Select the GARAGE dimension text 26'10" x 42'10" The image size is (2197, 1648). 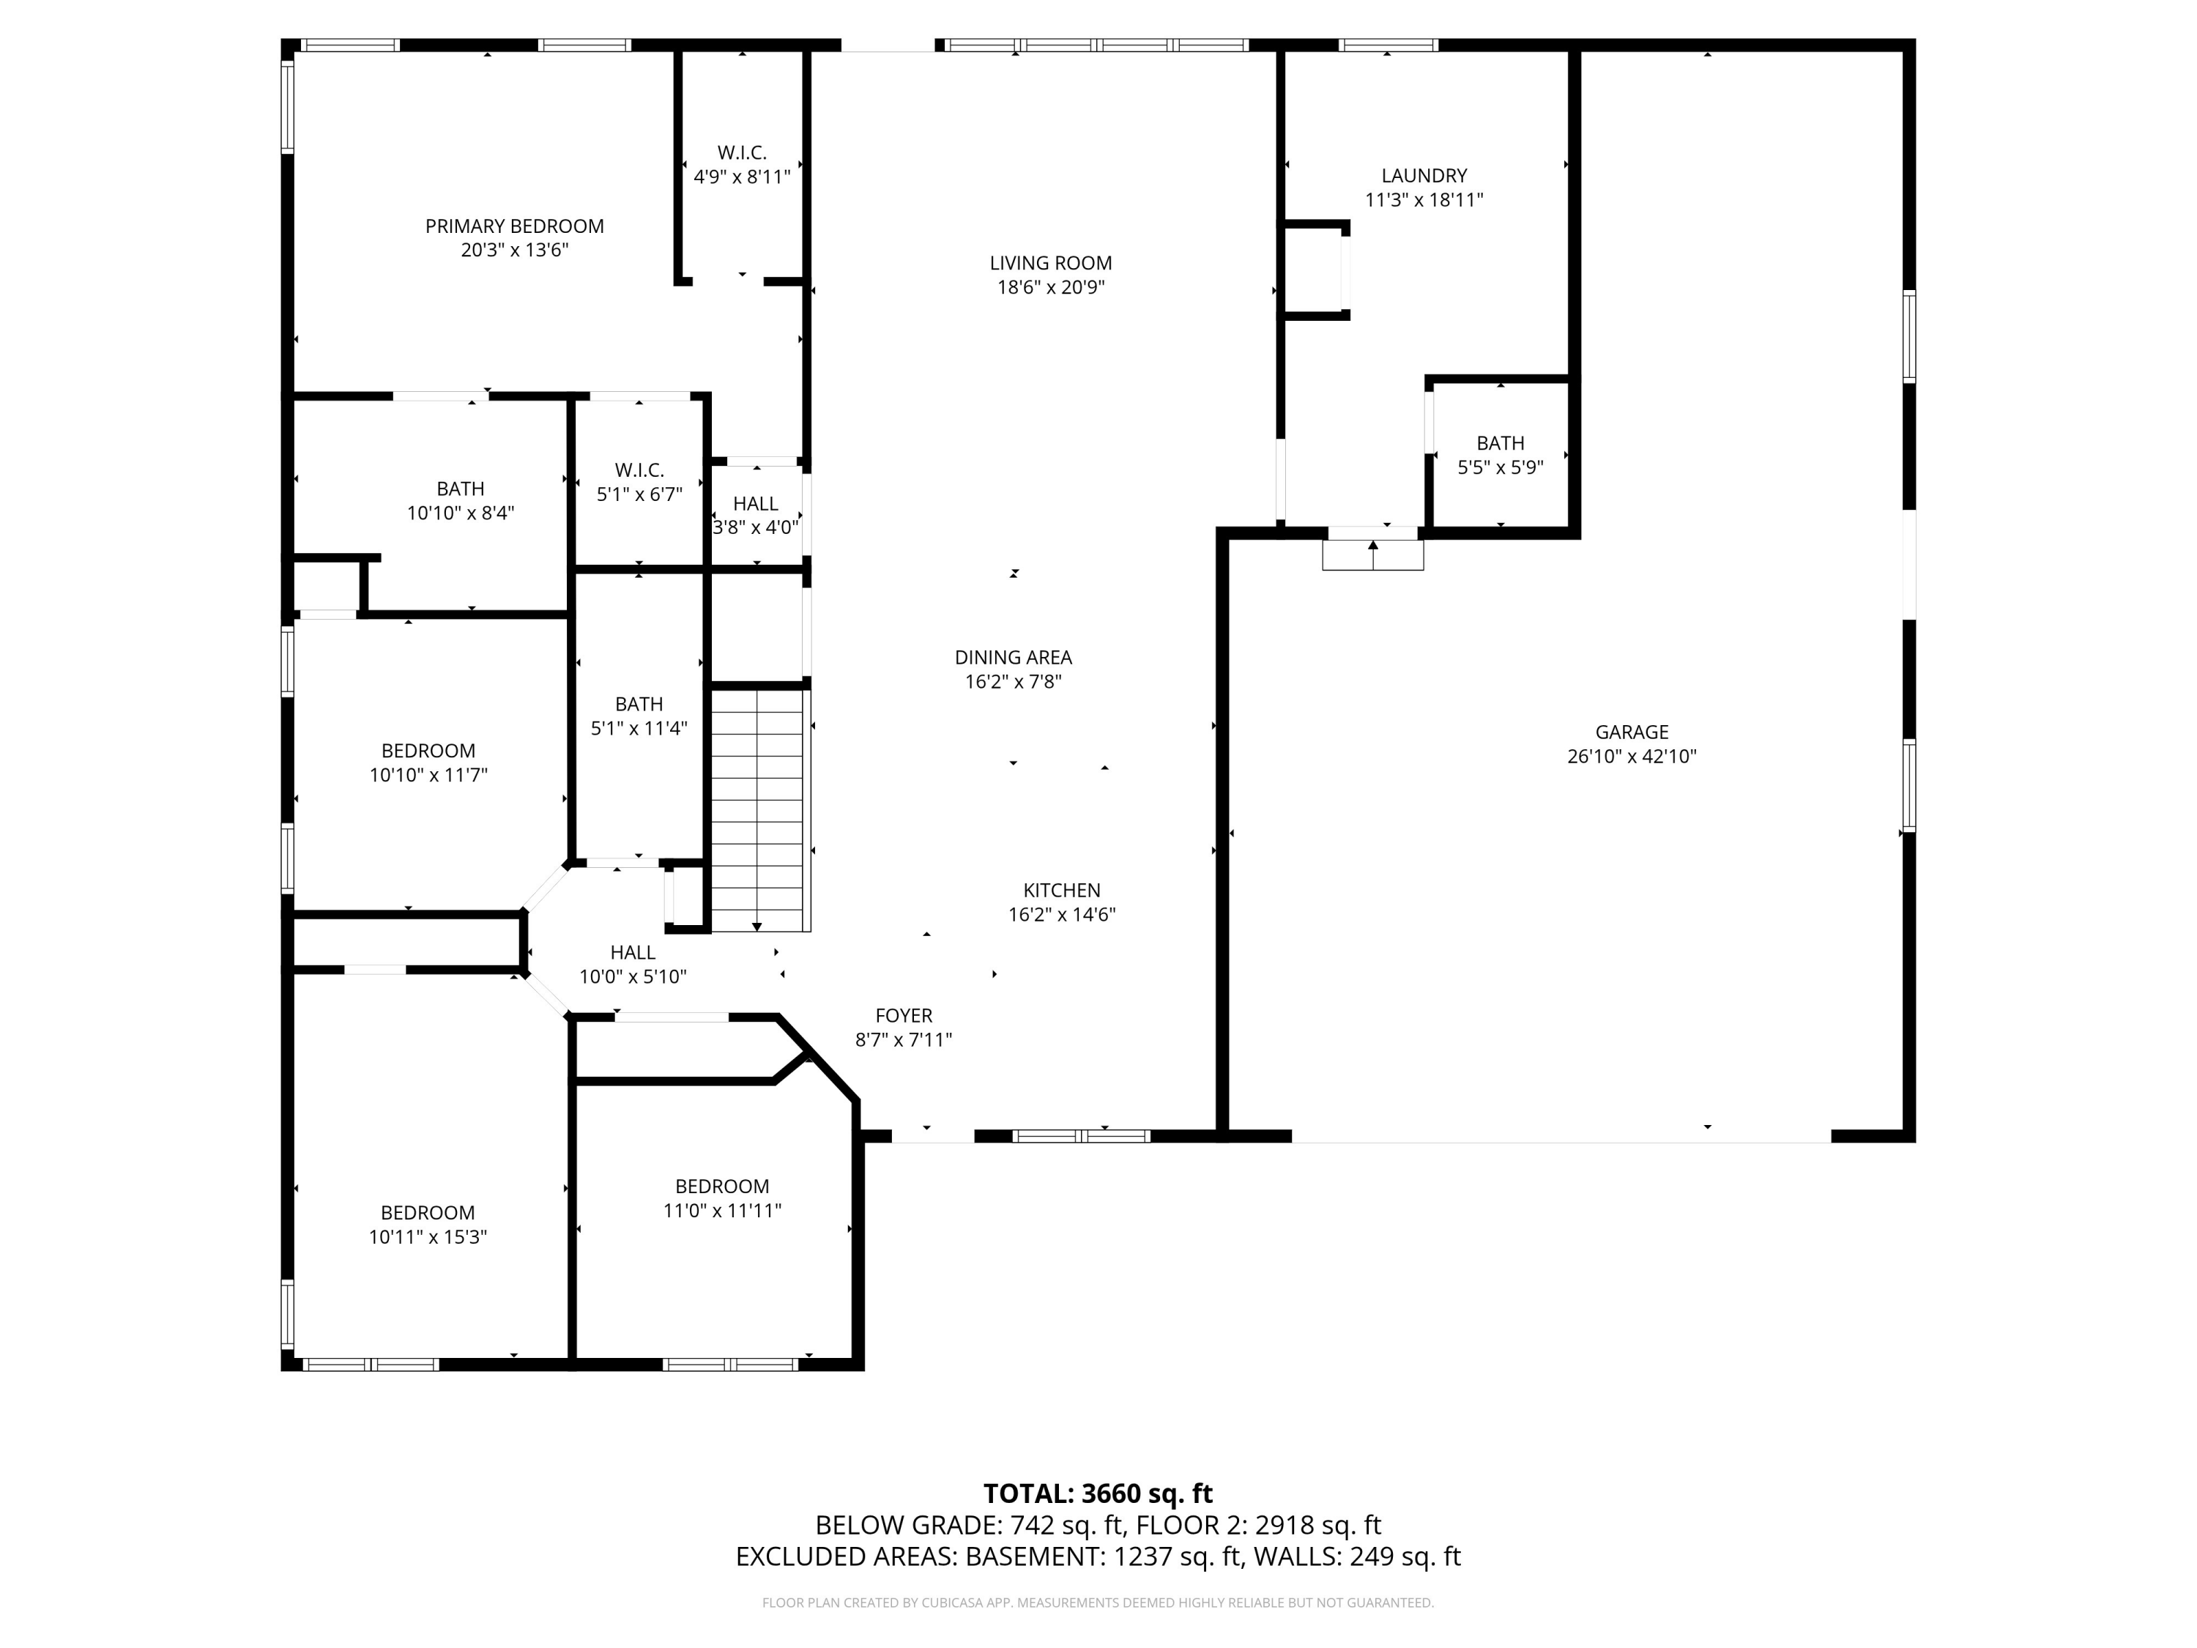pos(1632,756)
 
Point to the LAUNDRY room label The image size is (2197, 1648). pos(1424,176)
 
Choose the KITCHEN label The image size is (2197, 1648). pos(1062,891)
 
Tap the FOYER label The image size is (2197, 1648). pos(904,1016)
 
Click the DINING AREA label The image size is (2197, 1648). pos(1013,658)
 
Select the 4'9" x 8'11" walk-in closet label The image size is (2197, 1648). pos(742,165)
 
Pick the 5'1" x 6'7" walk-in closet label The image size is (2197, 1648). pos(639,482)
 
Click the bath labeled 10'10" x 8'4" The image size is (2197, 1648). pos(461,501)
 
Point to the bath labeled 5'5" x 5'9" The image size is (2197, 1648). pos(1500,455)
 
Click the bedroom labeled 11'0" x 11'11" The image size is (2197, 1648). pos(722,1198)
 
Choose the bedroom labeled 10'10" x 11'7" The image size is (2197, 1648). pos(428,763)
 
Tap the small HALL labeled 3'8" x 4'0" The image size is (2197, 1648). pos(756,516)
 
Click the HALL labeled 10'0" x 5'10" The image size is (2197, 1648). pos(633,965)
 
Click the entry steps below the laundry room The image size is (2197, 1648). pos(1372,555)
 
